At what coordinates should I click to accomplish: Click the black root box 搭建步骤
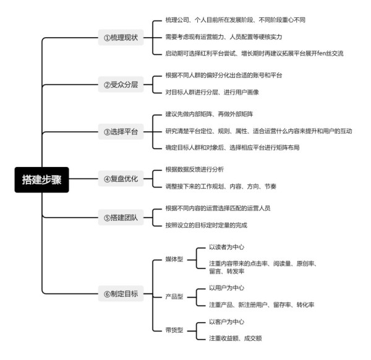41,179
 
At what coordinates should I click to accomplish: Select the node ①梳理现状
121,37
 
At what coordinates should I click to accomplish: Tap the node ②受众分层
121,84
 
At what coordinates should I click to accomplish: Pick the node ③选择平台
121,131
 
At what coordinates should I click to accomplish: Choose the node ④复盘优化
121,179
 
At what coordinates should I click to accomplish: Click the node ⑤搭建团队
121,217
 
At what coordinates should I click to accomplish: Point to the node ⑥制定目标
121,293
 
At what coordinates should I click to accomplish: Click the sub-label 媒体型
174,259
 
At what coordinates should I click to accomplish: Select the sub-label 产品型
174,296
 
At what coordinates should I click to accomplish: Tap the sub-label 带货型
174,330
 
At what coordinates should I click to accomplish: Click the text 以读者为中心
226,247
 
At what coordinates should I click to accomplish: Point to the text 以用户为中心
226,288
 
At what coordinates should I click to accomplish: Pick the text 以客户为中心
226,322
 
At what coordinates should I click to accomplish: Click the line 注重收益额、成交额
235,338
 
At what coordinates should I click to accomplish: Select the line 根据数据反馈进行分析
195,169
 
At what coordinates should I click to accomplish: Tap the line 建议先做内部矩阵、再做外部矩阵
209,114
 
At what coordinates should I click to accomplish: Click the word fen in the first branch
322,53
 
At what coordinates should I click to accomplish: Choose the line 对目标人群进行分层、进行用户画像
212,92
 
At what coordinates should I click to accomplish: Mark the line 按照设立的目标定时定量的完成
206,225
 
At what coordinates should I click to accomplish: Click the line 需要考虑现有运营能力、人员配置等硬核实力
224,37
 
